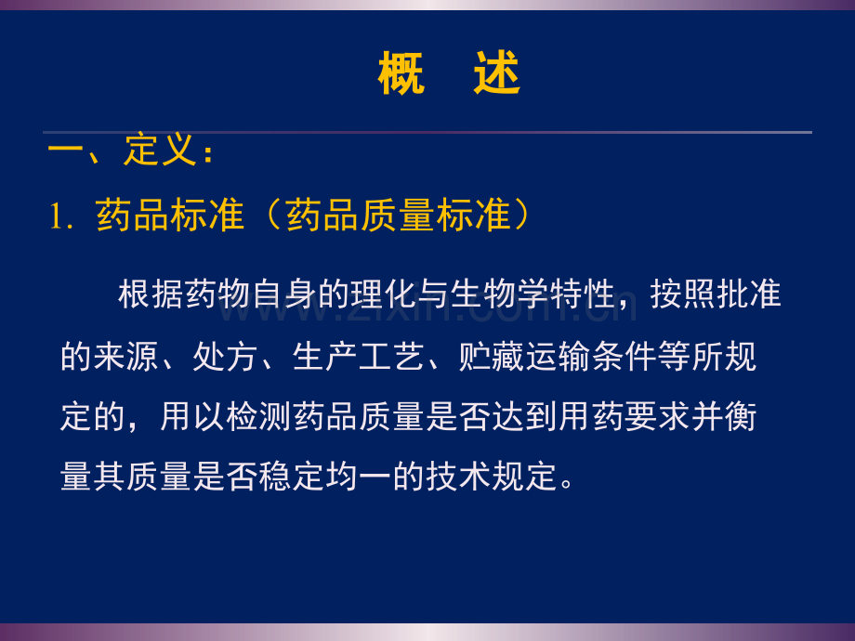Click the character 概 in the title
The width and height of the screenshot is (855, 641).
401,73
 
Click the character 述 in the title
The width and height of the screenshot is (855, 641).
497,73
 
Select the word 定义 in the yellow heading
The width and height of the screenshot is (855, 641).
160,150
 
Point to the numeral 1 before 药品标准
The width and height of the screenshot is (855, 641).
55,216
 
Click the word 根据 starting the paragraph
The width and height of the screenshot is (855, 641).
151,294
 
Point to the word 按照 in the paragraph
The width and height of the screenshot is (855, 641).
683,294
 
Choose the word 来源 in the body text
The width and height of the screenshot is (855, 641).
126,357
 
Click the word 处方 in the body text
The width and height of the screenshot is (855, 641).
225,357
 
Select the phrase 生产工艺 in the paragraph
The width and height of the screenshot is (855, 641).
358,357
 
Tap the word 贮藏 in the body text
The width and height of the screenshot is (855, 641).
491,357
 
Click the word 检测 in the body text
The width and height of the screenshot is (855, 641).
258,417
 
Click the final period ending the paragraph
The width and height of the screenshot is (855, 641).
567,483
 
